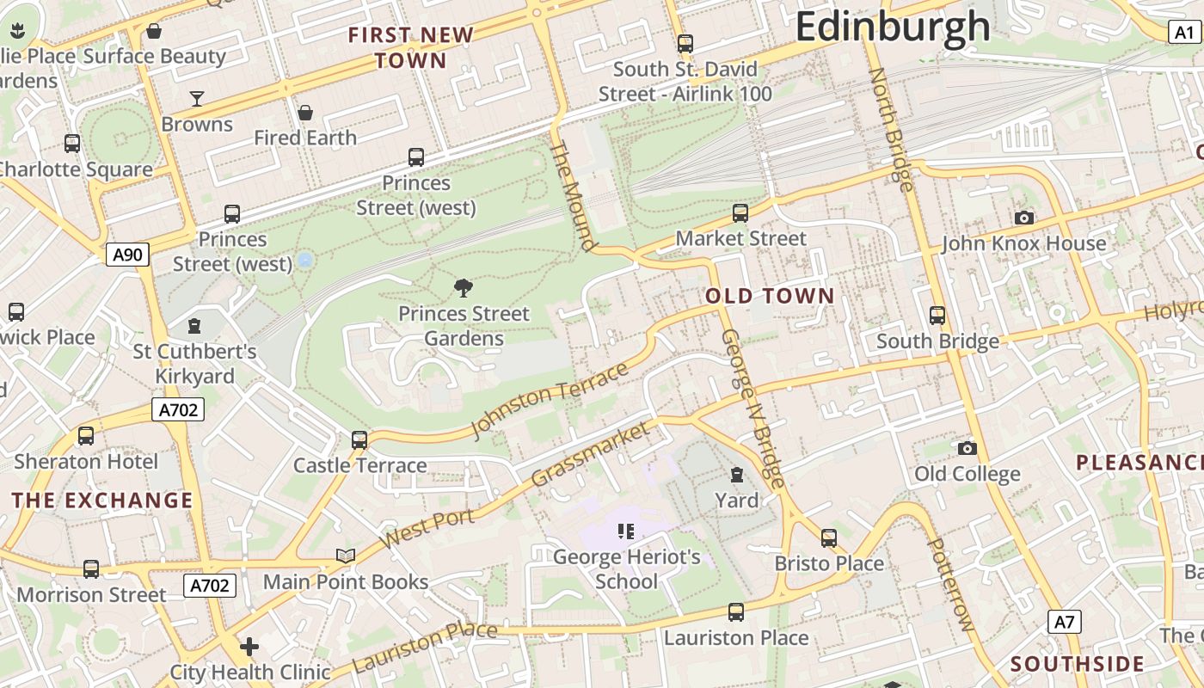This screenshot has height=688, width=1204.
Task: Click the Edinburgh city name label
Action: (x=893, y=28)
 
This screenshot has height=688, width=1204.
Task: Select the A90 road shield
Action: (x=128, y=254)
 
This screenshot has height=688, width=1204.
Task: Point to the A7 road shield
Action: (x=1065, y=622)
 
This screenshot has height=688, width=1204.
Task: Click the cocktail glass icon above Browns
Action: (x=197, y=99)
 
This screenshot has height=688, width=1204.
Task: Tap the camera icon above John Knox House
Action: (x=1023, y=218)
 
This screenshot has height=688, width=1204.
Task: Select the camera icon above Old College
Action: (x=967, y=448)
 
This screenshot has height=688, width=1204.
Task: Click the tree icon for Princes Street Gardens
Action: (x=464, y=288)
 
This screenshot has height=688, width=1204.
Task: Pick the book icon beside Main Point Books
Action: (x=346, y=556)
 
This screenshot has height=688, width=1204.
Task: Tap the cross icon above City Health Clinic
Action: (x=249, y=646)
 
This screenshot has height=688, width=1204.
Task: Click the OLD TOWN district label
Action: (x=770, y=297)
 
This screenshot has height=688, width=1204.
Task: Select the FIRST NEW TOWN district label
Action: (x=411, y=48)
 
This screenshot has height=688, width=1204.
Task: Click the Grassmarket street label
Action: (x=591, y=454)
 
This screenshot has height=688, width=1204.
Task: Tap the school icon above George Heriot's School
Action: (x=626, y=531)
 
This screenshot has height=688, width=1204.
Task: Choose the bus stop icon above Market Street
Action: (x=740, y=212)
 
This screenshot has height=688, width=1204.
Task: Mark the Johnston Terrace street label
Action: (x=550, y=401)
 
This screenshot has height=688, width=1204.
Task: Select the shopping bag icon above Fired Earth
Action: (x=304, y=113)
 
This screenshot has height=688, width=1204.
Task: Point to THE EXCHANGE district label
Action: (x=102, y=501)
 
